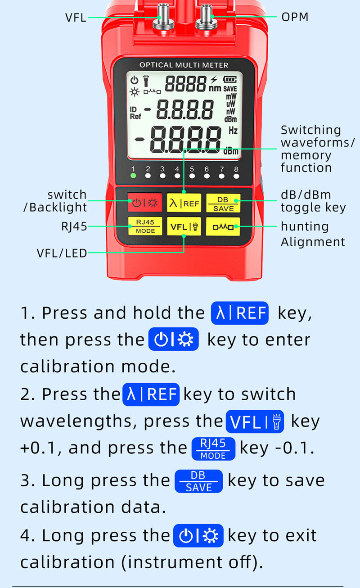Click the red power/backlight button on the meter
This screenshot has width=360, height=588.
click(x=145, y=203)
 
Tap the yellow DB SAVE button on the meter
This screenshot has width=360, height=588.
click(x=223, y=203)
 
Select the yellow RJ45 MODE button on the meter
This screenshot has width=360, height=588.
click(x=145, y=226)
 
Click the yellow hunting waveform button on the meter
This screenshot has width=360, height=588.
click(x=223, y=226)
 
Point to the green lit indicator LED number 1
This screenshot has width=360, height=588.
click(x=133, y=176)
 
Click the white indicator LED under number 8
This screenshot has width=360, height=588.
click(x=236, y=176)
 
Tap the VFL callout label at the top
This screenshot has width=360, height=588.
click(x=76, y=18)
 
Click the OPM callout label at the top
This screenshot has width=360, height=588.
click(x=295, y=17)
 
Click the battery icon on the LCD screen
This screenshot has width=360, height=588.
click(x=230, y=79)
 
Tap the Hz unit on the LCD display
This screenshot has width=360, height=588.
click(x=233, y=131)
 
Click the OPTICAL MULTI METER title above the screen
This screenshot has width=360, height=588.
click(x=184, y=65)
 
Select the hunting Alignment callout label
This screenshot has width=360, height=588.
click(x=313, y=234)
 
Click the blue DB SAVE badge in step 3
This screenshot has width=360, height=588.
click(x=199, y=481)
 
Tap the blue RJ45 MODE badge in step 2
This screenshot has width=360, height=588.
click(x=213, y=449)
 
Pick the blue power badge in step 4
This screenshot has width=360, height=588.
click(x=198, y=536)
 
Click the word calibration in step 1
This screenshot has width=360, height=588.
click(x=67, y=366)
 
